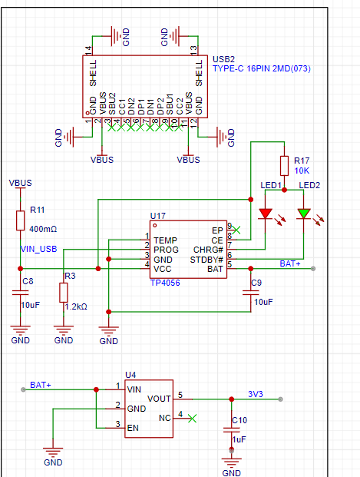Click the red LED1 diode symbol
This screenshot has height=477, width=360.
[x=265, y=214]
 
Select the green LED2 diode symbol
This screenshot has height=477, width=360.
[x=304, y=214]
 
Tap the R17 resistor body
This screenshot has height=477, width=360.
[x=284, y=166]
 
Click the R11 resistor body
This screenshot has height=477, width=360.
[x=21, y=220]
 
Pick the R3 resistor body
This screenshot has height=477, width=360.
[x=64, y=293]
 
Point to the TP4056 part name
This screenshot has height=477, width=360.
[x=165, y=283]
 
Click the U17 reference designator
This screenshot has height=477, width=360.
[x=158, y=216]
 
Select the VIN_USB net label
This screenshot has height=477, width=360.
[x=38, y=249]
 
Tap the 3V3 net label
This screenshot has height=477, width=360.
[x=255, y=394]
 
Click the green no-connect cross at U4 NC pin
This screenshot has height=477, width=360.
[x=192, y=419]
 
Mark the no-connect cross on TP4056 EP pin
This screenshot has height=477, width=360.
[x=236, y=230]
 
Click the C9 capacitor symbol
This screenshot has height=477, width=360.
[x=251, y=293]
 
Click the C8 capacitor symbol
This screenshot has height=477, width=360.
[x=21, y=293]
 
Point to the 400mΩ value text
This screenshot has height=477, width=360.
[x=43, y=229]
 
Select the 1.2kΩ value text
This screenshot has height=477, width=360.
[x=76, y=306]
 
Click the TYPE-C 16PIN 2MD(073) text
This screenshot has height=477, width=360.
[x=262, y=69]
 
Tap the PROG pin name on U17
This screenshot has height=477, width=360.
[x=166, y=250]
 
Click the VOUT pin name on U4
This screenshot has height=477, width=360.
[x=159, y=399]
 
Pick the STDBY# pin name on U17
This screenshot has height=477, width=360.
[x=206, y=260]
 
